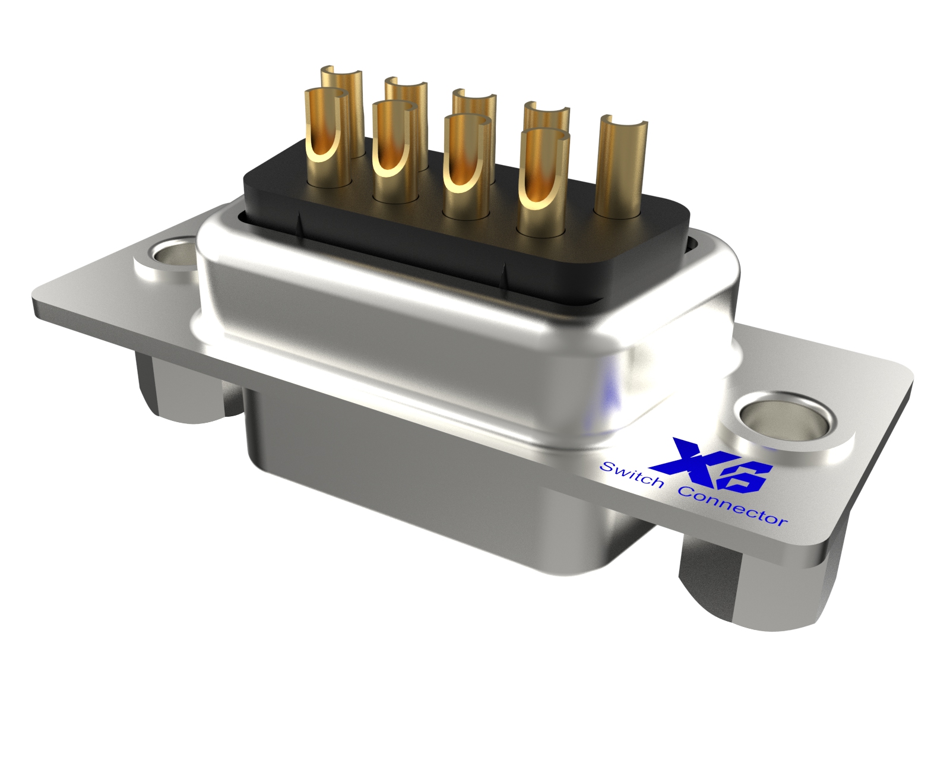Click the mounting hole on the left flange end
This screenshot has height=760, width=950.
coord(173,256)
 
